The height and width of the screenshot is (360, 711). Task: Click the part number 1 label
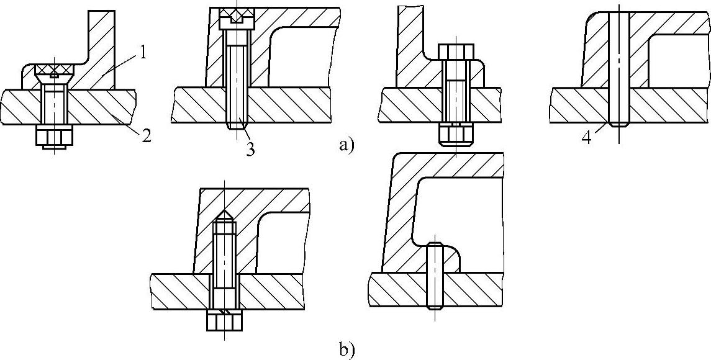[x=142, y=53]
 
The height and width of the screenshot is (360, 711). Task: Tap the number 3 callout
[x=250, y=149]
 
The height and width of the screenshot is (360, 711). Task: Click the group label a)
[x=346, y=146]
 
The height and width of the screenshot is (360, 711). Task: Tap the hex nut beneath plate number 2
[x=53, y=135]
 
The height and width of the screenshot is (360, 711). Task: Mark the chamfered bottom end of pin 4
[x=619, y=123]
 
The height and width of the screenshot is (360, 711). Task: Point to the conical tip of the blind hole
[x=224, y=215]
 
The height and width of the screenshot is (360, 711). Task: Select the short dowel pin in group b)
[x=435, y=276]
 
